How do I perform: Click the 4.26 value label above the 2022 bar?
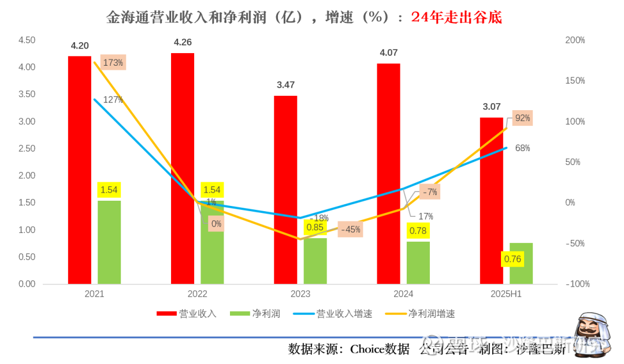tap(183, 42)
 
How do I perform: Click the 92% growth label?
tap(522, 118)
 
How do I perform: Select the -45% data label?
tap(350, 229)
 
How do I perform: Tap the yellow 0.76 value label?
tap(512, 259)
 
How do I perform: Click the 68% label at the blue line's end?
tap(522, 148)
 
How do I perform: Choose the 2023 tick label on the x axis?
tap(300, 294)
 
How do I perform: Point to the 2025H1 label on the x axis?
tap(506, 294)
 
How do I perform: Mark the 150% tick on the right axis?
tap(575, 81)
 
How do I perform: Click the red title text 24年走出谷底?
tap(456, 17)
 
